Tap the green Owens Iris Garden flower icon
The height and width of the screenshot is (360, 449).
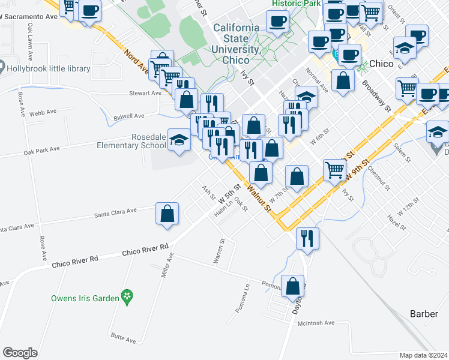pos(127,295)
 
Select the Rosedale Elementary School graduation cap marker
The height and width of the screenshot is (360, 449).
pos(178,140)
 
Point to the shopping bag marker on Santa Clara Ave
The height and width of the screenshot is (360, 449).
pos(167,214)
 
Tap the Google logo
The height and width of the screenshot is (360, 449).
pos(20,352)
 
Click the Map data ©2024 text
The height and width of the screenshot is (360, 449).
pos(423,355)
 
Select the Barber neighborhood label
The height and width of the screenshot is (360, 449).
pos(424,314)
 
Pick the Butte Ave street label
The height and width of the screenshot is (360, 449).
pos(122,340)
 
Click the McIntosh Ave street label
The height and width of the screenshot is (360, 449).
pos(316,323)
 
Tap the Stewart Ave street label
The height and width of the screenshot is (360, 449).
pos(146,93)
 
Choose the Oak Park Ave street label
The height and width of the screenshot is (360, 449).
pos(41,149)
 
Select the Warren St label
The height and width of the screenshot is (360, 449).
pos(219,251)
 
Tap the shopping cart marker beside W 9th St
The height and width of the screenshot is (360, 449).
pos(334,169)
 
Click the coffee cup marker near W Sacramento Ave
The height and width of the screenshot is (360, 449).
pos(89,11)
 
